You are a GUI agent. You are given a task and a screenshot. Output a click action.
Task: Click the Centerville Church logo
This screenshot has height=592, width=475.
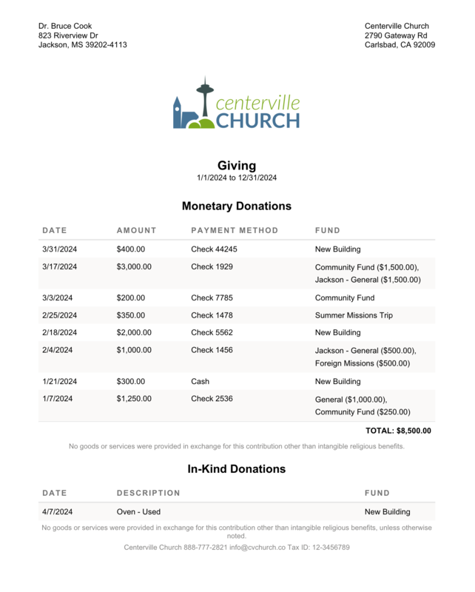(x=236, y=104)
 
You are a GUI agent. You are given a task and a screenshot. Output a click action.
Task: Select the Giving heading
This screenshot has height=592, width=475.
(x=237, y=166)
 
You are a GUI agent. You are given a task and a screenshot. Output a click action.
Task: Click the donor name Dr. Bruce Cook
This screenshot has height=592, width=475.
(x=65, y=26)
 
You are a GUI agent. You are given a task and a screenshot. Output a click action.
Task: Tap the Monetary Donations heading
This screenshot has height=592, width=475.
(x=237, y=206)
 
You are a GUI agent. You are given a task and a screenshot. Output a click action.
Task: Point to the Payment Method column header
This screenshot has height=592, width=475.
(x=235, y=230)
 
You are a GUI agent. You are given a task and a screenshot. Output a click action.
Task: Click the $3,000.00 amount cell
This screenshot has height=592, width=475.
(x=134, y=266)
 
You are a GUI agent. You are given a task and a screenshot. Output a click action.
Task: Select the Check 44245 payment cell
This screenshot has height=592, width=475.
(x=214, y=249)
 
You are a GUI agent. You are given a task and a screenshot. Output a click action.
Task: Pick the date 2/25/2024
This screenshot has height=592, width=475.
(x=60, y=315)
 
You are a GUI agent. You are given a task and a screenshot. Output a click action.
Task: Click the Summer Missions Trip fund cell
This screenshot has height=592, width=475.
(x=354, y=315)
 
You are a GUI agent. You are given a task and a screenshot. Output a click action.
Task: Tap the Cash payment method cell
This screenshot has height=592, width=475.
(x=200, y=382)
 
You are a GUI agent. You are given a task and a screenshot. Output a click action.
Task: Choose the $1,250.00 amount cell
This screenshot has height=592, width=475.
(x=134, y=399)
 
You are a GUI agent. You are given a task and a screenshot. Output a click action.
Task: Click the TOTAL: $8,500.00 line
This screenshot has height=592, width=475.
(x=398, y=431)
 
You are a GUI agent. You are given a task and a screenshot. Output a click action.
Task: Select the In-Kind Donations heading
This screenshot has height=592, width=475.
(x=237, y=469)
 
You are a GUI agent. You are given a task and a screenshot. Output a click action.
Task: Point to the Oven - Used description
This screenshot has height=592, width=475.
(x=138, y=511)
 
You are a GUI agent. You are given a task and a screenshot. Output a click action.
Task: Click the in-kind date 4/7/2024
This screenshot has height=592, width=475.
(x=58, y=511)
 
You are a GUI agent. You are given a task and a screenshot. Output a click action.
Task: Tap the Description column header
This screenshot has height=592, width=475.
(x=148, y=493)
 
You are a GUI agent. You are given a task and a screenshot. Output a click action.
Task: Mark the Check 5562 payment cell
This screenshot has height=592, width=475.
(x=212, y=333)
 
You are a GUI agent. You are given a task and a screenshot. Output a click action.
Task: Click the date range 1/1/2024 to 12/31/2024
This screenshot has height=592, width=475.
(x=237, y=178)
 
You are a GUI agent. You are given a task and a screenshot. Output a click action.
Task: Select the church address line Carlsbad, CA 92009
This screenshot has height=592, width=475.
(x=400, y=45)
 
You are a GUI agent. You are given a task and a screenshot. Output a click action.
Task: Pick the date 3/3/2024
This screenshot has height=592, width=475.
(x=58, y=298)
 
